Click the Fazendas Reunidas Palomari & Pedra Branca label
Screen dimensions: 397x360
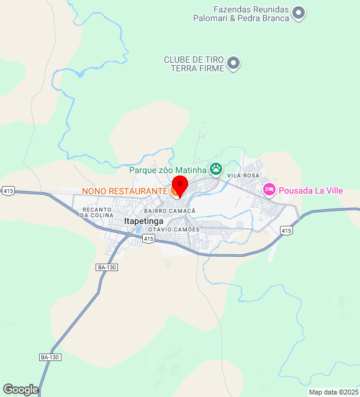251,14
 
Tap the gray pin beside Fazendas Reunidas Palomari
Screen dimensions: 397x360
299,12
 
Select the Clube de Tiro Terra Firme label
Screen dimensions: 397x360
194,64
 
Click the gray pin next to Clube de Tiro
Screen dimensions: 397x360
233,63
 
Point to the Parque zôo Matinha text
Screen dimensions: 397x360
168,170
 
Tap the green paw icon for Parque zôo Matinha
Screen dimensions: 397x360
216,169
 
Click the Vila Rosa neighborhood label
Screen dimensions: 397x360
243,176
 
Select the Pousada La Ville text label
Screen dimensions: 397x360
310,190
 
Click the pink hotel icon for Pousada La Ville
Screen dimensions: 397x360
269,190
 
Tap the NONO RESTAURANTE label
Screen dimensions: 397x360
125,190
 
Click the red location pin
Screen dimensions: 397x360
179,185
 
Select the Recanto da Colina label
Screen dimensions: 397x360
97,212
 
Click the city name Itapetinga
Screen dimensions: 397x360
143,221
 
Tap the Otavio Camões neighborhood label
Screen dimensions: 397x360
174,230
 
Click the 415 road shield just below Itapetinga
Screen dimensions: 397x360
147,238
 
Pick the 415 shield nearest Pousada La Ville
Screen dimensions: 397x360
286,231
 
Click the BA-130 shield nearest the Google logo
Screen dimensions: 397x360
50,357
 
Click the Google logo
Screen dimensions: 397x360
20,389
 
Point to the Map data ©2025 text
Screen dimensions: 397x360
333,392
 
